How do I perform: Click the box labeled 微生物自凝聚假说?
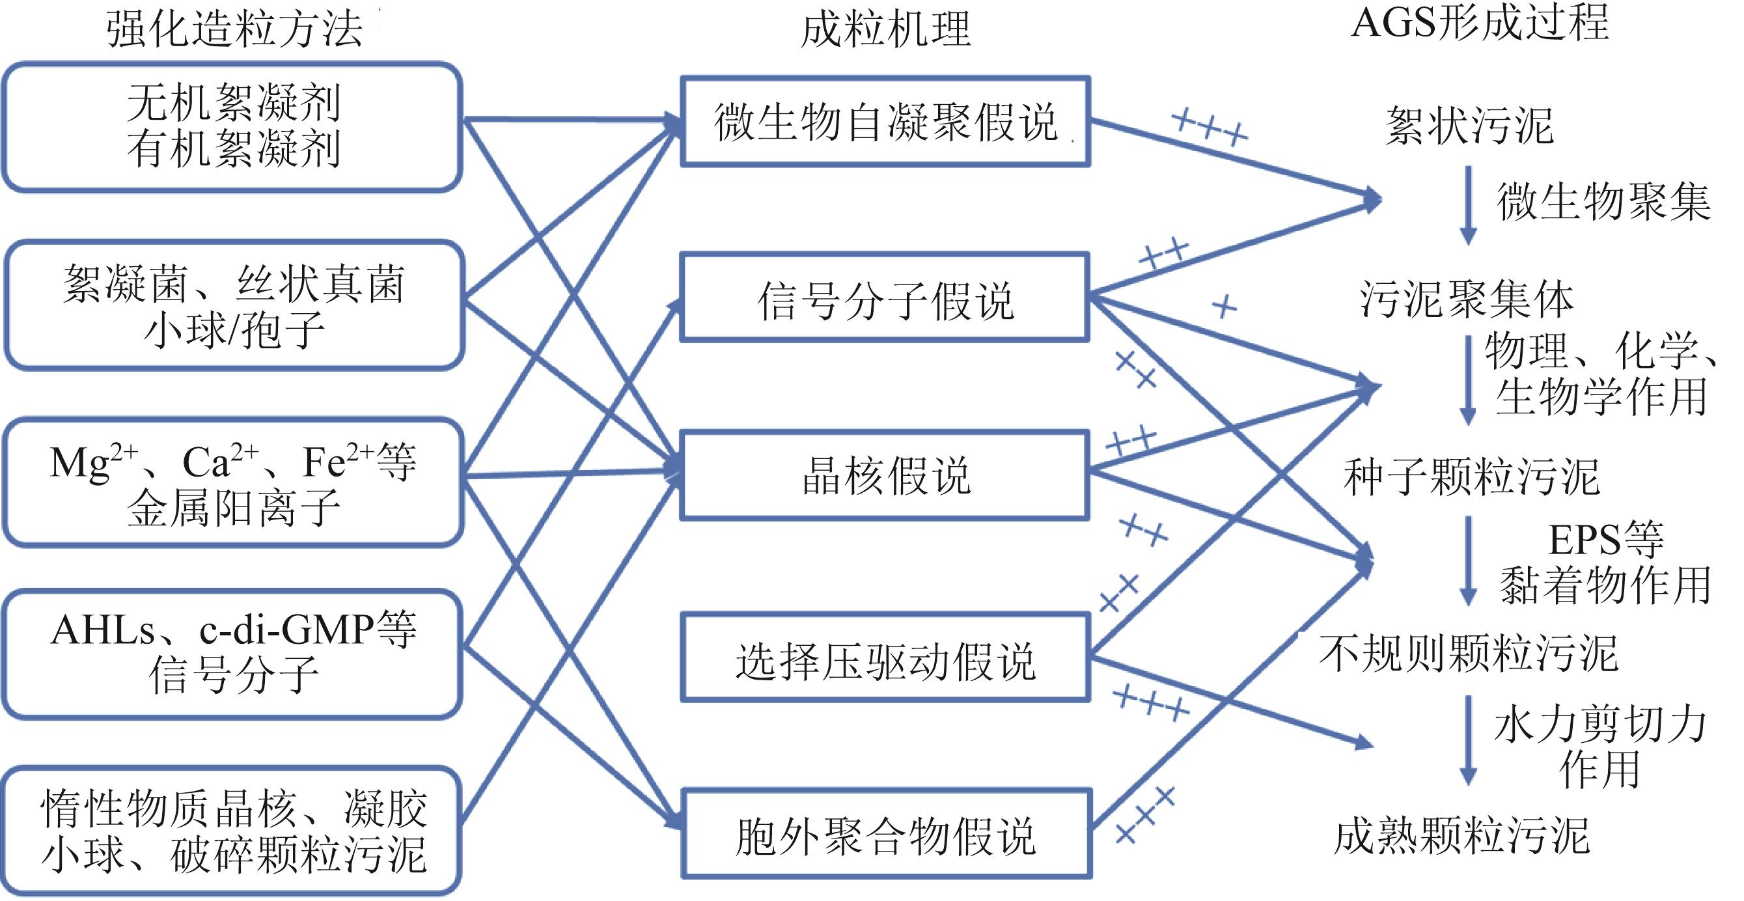coord(885,122)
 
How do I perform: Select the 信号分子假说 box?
coord(885,298)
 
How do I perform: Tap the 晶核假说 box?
coord(885,475)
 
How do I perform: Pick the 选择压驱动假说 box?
coord(885,658)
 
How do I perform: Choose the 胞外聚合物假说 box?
coord(885,834)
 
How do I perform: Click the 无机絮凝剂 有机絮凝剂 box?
coord(233,126)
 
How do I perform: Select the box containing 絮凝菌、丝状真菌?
coord(234,305)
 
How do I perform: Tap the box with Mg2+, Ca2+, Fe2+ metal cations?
coord(233,482)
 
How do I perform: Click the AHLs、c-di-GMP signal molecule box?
coord(233,652)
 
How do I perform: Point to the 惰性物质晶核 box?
coord(233,831)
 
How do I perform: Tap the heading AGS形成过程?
coord(1479,23)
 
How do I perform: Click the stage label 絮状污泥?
coord(1469,126)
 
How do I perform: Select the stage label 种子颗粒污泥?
coord(1471,477)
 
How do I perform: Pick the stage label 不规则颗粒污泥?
coord(1469,654)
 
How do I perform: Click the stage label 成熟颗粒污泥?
coord(1462,835)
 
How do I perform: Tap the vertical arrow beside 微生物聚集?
coord(1468,204)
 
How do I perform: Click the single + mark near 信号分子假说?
coord(1223,307)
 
